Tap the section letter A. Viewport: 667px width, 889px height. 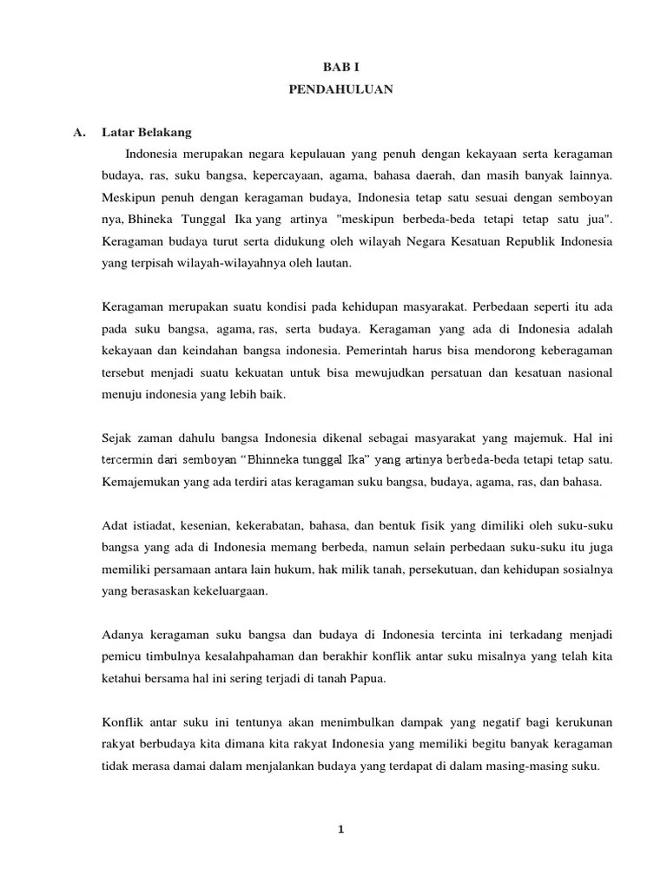[x=79, y=133]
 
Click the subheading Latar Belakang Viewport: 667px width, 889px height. [x=147, y=133]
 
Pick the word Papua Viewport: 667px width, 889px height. [x=367, y=679]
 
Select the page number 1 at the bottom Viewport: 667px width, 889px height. [x=341, y=829]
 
